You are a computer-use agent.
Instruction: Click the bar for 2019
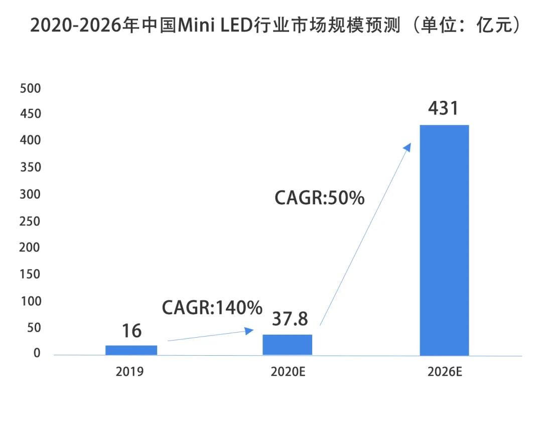click(131, 350)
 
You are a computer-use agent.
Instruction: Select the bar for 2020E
click(288, 345)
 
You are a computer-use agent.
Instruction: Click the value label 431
click(444, 108)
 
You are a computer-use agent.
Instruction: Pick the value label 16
click(131, 331)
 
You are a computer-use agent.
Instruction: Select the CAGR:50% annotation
click(319, 198)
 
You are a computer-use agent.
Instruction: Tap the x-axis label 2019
click(130, 372)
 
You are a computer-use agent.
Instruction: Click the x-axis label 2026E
click(445, 372)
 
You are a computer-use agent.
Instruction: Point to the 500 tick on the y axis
click(30, 88)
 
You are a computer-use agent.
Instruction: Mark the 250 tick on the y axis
click(30, 221)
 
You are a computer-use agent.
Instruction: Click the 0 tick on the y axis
click(37, 354)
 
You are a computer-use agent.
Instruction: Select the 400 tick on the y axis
click(30, 141)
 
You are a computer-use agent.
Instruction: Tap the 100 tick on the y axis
click(30, 301)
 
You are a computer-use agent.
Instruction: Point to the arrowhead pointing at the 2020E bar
click(249, 330)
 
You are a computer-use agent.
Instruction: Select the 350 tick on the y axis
click(30, 168)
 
